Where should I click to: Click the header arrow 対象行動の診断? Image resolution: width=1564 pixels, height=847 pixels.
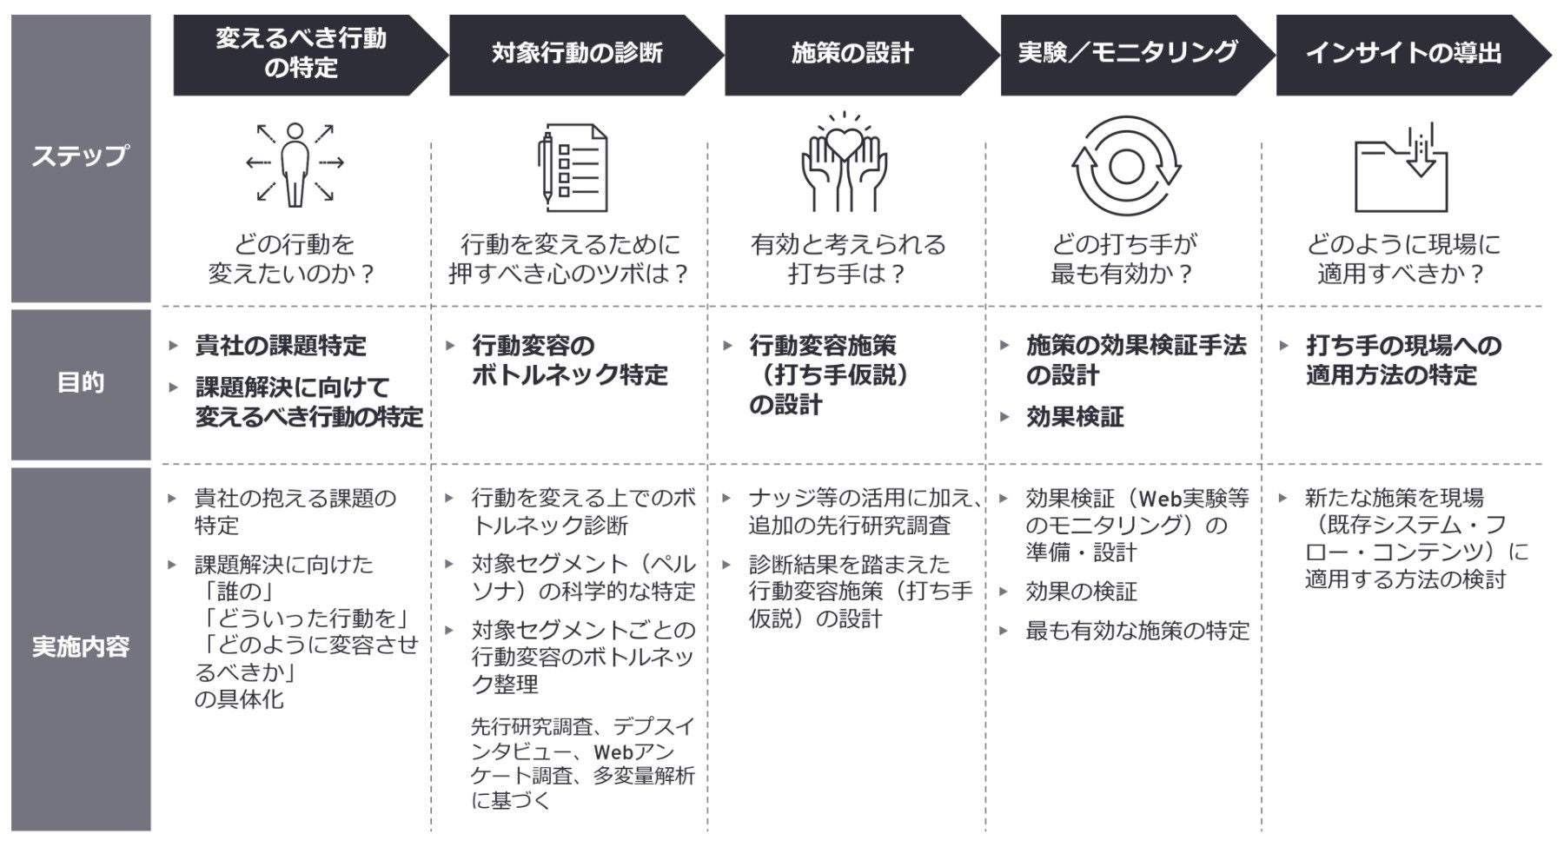(x=577, y=54)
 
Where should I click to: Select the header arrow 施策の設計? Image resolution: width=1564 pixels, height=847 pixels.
(x=852, y=54)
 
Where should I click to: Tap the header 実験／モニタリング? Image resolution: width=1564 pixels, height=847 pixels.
(x=1127, y=54)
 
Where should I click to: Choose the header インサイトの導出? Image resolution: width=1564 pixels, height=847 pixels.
(x=1403, y=54)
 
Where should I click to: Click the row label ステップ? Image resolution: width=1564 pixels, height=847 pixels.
(x=80, y=156)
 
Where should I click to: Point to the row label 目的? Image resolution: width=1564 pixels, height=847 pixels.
(x=80, y=382)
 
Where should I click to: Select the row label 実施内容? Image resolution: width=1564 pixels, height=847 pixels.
(x=80, y=647)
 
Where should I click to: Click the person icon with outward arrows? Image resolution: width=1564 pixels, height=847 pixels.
(x=295, y=164)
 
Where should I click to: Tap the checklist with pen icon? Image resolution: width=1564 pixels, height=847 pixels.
(x=572, y=168)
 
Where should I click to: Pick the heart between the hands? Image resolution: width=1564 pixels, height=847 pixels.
(x=844, y=142)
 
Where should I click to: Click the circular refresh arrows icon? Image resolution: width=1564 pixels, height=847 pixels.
(x=1126, y=166)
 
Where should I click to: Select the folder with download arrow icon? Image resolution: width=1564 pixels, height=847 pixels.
(x=1401, y=169)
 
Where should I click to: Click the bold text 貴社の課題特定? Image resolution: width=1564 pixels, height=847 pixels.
(x=281, y=346)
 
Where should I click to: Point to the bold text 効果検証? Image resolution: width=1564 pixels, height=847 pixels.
(x=1075, y=417)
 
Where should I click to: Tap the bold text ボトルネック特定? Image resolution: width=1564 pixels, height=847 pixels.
(x=569, y=375)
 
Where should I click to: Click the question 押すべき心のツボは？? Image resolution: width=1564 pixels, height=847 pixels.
(x=569, y=275)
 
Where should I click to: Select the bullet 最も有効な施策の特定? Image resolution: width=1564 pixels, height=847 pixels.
(x=1137, y=631)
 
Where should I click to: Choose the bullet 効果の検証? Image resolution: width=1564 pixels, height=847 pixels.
(x=1081, y=592)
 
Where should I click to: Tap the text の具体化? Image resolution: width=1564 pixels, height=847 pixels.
(x=239, y=699)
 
